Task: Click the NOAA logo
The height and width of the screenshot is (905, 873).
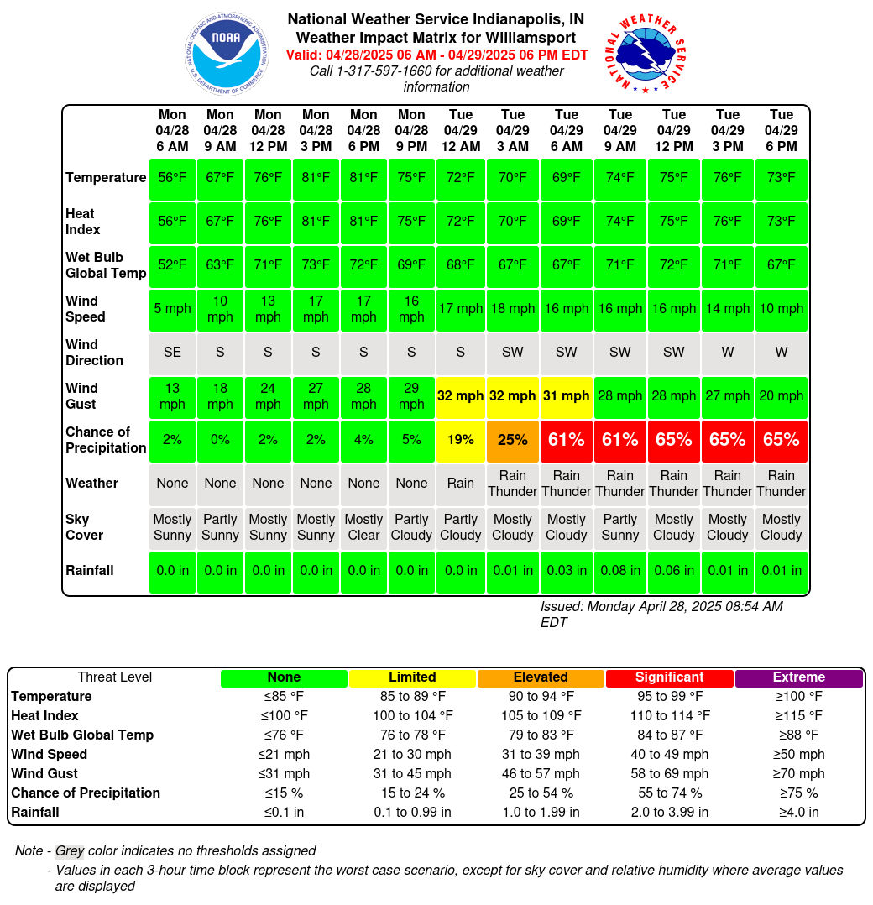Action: [227, 53]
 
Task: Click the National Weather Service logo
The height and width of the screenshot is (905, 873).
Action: [646, 53]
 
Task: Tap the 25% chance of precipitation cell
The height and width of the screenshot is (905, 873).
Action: [512, 441]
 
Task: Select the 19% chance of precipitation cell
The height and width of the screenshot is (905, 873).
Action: [461, 441]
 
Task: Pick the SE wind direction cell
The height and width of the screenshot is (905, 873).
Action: [172, 353]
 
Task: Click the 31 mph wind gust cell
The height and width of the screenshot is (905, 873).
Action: [566, 396]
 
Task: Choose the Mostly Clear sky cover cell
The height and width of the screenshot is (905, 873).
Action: [363, 527]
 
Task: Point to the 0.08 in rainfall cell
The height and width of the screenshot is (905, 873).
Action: [620, 572]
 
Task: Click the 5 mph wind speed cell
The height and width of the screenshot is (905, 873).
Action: [172, 309]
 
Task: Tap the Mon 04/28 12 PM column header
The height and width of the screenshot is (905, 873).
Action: [268, 130]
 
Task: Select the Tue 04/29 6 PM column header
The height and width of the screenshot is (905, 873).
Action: [782, 130]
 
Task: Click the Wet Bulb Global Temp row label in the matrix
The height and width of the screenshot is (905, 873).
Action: [106, 265]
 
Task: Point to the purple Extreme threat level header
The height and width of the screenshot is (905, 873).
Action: [798, 677]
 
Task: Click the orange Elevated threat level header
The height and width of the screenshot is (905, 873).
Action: [541, 677]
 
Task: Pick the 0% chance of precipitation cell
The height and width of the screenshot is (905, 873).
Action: [220, 441]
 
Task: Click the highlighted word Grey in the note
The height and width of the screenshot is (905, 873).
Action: [70, 851]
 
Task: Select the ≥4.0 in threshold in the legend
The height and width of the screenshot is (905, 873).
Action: [798, 813]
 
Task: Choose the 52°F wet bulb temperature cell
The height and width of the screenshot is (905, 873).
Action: [172, 265]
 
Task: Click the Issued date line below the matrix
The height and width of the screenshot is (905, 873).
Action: [661, 615]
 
